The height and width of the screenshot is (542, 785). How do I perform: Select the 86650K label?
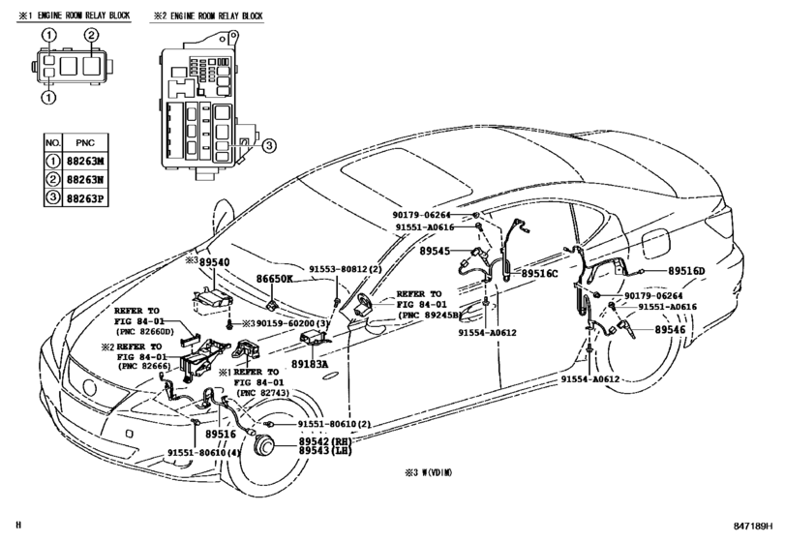coord(274,279)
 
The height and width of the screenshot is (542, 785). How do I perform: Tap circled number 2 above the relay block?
coord(91,36)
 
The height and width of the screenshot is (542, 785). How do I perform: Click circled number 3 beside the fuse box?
coord(269,146)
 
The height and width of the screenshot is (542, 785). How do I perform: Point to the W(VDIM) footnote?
coord(429,474)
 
